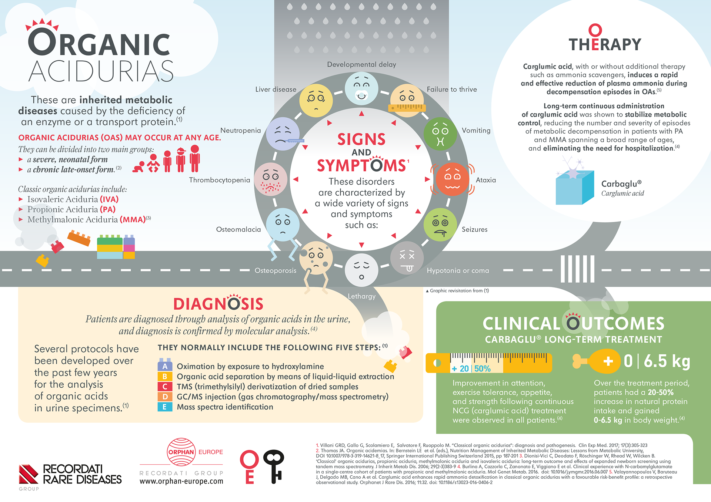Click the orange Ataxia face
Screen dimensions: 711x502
[x=452, y=179]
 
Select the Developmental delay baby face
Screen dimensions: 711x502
[x=361, y=88]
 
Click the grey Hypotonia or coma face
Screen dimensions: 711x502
[x=407, y=258]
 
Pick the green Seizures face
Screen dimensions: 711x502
[x=440, y=225]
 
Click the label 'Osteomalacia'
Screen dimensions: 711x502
[x=238, y=229]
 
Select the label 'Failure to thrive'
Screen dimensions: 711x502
[x=452, y=89]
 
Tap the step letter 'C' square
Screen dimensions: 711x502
[x=165, y=387]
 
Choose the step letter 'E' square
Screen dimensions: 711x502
[x=165, y=407]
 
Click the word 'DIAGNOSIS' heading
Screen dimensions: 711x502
[x=218, y=304]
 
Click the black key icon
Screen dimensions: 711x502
[x=274, y=466]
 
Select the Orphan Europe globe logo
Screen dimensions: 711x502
[x=181, y=452]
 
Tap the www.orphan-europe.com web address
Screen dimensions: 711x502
[x=181, y=481]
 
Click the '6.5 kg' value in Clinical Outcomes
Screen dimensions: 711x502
[x=667, y=361]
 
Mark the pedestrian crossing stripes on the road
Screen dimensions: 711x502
[x=577, y=269]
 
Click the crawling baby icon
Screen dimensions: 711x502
[x=138, y=167]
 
